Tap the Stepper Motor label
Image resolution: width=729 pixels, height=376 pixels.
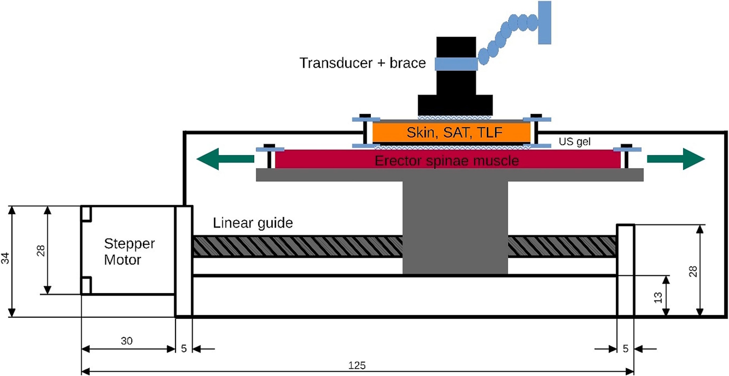click(130, 252)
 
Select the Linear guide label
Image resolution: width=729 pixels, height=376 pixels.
click(253, 223)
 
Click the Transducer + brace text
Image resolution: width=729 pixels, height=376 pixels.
click(362, 64)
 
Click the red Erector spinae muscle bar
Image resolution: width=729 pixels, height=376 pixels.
click(447, 160)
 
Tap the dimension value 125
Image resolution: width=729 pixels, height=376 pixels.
click(357, 366)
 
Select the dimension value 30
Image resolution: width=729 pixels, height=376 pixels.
click(127, 341)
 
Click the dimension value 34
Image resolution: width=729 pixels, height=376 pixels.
click(5, 260)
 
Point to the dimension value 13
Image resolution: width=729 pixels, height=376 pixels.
click(658, 297)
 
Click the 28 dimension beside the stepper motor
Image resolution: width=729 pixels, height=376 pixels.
click(40, 250)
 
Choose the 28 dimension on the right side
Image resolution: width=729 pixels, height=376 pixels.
click(693, 271)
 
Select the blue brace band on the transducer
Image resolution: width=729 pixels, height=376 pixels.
click(456, 64)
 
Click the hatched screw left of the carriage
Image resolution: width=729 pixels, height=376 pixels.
click(297, 246)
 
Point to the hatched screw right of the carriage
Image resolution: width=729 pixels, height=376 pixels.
click(562, 246)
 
